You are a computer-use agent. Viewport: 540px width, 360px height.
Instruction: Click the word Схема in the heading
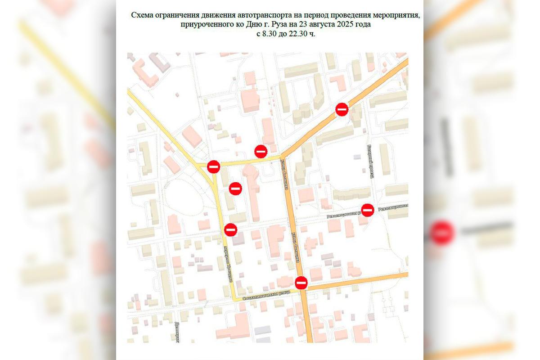pyautogui.click(x=142, y=15)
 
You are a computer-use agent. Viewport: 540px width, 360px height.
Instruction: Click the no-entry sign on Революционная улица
pyautogui.click(x=368, y=210)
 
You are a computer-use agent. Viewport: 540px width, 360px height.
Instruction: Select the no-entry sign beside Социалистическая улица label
pyautogui.click(x=301, y=283)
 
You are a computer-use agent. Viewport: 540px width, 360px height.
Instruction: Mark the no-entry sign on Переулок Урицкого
pyautogui.click(x=231, y=229)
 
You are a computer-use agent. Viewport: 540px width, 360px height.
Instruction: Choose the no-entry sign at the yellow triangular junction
pyautogui.click(x=213, y=166)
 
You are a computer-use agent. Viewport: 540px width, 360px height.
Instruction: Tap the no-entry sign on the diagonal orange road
pyautogui.click(x=342, y=109)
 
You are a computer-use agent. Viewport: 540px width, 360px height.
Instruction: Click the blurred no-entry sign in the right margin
pyautogui.click(x=442, y=233)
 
